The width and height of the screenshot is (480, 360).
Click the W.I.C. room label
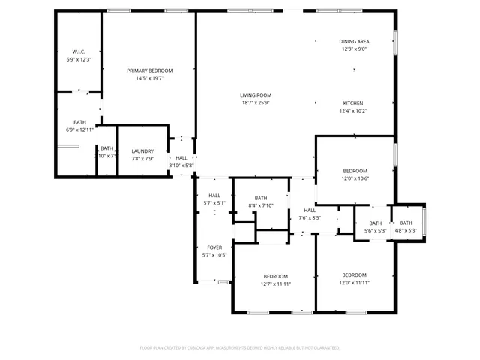click(79, 52)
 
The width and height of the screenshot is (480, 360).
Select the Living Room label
click(256, 95)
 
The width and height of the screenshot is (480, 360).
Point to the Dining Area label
click(355, 42)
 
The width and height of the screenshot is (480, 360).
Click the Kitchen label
click(354, 103)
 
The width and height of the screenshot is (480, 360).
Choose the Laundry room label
click(142, 151)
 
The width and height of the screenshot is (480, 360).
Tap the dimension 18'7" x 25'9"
click(256, 103)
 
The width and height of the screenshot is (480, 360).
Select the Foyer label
click(214, 247)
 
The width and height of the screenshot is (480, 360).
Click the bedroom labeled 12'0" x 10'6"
click(355, 171)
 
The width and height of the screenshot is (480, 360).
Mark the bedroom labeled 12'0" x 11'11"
click(355, 275)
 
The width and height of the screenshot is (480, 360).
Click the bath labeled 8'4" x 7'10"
click(261, 198)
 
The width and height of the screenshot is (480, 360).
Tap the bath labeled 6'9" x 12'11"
click(79, 122)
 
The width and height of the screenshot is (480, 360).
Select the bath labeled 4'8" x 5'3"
click(406, 223)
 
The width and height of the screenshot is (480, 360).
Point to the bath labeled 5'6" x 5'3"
click(375, 223)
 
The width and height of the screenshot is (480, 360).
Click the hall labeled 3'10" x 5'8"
click(181, 158)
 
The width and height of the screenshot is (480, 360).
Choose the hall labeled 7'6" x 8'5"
click(310, 211)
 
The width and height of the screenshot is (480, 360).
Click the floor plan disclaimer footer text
click(240, 347)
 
